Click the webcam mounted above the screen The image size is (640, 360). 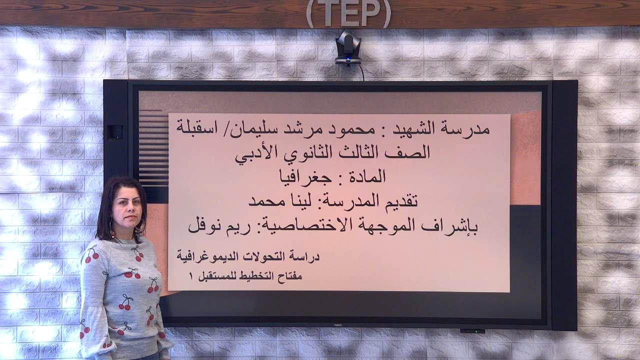click(x=347, y=47)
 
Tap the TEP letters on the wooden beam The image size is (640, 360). click(x=348, y=13)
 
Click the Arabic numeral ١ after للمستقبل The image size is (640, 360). click(x=191, y=276)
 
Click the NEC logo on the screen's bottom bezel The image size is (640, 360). click(x=338, y=325)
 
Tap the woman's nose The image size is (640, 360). click(x=130, y=211)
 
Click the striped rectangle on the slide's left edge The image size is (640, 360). click(x=153, y=148)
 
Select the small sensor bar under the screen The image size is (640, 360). click(x=472, y=331)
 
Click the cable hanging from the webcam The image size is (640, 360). click(x=361, y=72)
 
